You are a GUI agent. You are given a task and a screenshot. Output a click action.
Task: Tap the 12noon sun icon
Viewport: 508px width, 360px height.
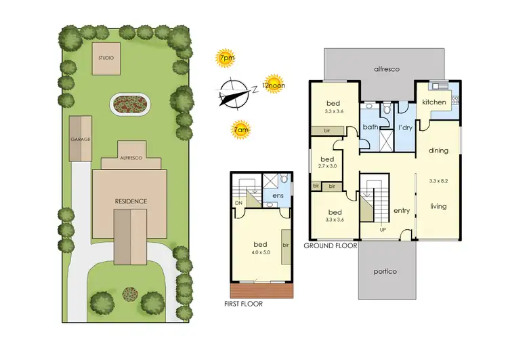[272, 85]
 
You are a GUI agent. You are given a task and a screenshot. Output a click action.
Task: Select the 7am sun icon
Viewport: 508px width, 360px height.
[239, 129]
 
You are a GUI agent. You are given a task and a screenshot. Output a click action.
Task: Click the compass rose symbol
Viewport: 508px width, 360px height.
[234, 93]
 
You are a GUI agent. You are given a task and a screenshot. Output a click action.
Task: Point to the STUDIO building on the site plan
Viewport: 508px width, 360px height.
[106, 58]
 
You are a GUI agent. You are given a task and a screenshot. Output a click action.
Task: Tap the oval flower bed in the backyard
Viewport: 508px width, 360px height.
[131, 104]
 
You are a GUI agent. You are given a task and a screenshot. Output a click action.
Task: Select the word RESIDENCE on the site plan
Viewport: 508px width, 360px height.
[130, 201]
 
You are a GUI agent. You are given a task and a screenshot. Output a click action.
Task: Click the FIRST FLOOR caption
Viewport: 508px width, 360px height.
[243, 304]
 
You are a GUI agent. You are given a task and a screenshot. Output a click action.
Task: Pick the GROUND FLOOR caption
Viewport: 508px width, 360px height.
[330, 245]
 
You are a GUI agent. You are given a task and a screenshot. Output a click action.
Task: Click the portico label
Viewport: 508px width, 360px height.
[385, 271]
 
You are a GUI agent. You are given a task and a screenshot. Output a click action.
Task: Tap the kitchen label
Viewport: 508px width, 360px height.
[433, 102]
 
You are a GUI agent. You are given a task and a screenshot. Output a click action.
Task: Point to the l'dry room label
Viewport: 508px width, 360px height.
[405, 127]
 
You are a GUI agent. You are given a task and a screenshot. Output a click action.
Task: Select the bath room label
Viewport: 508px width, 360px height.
[370, 127]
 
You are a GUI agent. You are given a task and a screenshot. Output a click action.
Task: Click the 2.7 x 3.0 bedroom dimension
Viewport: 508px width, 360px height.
[327, 165]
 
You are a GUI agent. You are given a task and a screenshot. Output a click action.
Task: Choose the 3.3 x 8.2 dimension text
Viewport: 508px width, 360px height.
[438, 181]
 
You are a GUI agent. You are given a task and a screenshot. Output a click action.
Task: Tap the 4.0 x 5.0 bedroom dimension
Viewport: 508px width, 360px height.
[261, 253]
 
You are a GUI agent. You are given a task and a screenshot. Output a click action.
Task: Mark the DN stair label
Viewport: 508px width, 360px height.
[238, 203]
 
